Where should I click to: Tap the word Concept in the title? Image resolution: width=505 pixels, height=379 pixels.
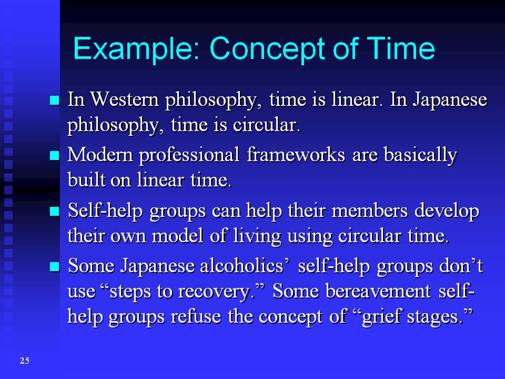[268, 49]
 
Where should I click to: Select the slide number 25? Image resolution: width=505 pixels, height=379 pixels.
[25, 361]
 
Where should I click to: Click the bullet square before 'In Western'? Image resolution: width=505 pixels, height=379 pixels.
[55, 101]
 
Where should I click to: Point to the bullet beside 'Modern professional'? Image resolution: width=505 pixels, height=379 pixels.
[55, 156]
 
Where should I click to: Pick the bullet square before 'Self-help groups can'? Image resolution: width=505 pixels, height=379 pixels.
[55, 212]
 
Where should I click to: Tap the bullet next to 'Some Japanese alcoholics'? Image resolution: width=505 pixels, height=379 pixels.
[55, 267]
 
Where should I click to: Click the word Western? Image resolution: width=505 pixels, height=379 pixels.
[125, 99]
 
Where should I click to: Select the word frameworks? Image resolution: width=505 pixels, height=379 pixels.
[296, 155]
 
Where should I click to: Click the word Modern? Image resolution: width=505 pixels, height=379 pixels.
[100, 155]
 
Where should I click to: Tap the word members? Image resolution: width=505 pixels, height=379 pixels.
[369, 211]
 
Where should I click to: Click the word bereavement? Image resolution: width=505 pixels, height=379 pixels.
[378, 291]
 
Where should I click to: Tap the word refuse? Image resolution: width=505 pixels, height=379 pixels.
[196, 316]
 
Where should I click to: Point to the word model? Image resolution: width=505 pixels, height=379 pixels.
[177, 236]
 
